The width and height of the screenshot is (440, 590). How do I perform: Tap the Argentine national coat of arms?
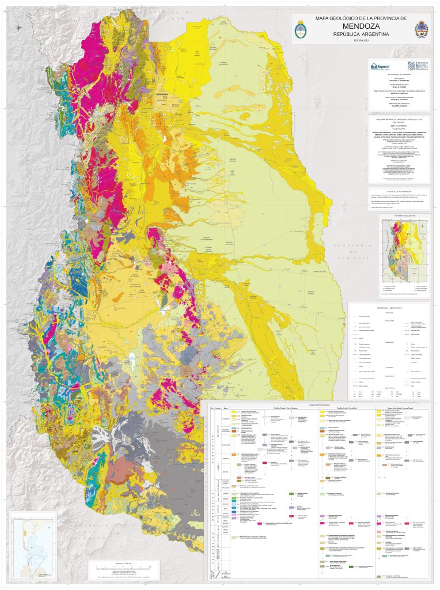(x=301, y=29)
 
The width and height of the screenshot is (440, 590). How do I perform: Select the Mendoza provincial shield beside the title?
(x=422, y=29)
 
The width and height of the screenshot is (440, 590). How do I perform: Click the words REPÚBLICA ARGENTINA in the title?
(x=361, y=35)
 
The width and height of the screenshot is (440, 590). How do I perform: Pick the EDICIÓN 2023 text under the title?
(x=361, y=41)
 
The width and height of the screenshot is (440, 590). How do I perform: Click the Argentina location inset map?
(x=35, y=544)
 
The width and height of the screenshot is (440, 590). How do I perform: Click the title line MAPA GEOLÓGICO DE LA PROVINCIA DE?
(x=361, y=18)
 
